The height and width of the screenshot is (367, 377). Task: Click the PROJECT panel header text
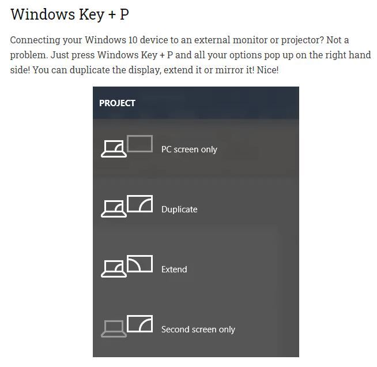click(117, 103)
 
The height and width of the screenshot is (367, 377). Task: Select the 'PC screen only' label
click(189, 149)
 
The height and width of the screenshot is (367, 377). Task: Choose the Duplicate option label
click(179, 209)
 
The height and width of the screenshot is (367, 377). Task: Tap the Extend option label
click(174, 269)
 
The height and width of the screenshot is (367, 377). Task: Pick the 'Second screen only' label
click(198, 329)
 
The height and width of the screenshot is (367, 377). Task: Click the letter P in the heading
click(125, 14)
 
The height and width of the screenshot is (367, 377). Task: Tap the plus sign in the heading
click(112, 14)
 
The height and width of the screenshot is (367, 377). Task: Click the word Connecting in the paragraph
click(35, 40)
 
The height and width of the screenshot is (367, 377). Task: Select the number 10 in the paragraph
click(133, 40)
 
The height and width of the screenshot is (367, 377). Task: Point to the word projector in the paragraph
click(303, 40)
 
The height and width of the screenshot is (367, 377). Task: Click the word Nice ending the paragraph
click(267, 70)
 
